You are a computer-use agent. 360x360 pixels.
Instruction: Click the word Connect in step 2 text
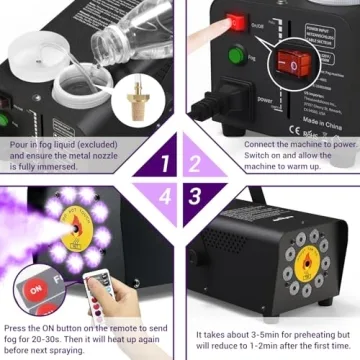(x=260, y=144)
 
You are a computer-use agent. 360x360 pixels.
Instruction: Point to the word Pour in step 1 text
(x=18, y=144)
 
